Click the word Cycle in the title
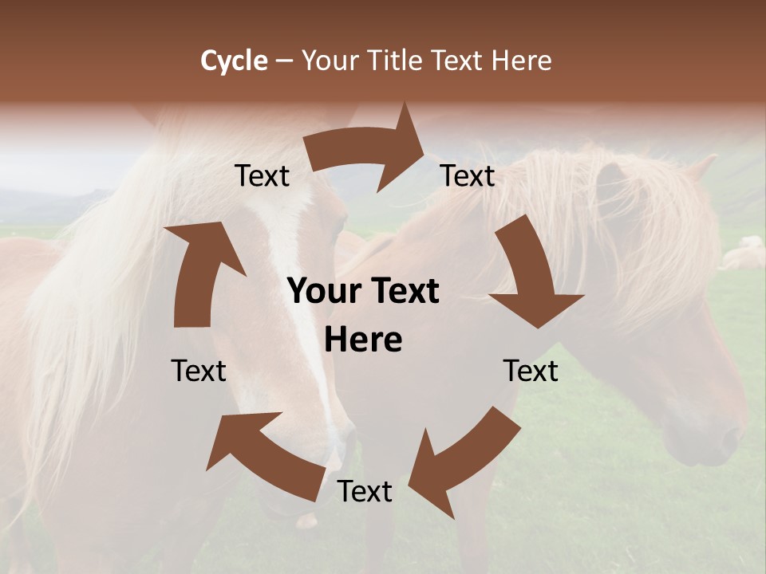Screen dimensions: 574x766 pyautogui.click(x=234, y=61)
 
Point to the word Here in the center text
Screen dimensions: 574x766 pyautogui.click(x=363, y=340)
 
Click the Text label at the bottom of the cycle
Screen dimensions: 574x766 pyautogui.click(x=365, y=492)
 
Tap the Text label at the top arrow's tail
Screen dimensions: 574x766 pyautogui.click(x=263, y=176)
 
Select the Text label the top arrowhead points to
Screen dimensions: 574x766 pyautogui.click(x=468, y=176)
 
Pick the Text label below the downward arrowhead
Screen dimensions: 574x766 pyautogui.click(x=531, y=372)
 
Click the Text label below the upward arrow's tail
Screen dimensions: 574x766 pyautogui.click(x=199, y=372)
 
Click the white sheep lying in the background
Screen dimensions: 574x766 pyautogui.click(x=744, y=256)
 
